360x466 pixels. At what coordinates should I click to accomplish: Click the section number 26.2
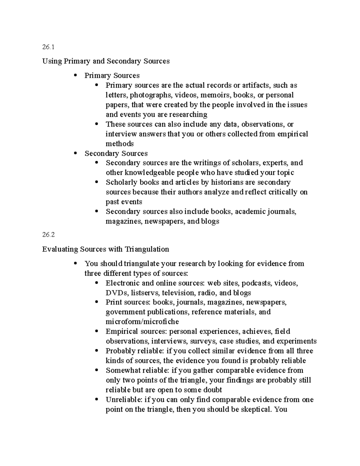coord(49,235)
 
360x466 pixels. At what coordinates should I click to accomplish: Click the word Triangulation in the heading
coord(147,249)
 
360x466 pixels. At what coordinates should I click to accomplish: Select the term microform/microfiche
coord(142,322)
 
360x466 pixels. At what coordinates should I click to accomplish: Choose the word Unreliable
coord(124,399)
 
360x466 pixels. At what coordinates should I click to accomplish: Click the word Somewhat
coord(121,370)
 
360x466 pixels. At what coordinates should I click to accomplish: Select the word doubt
coord(213,390)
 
